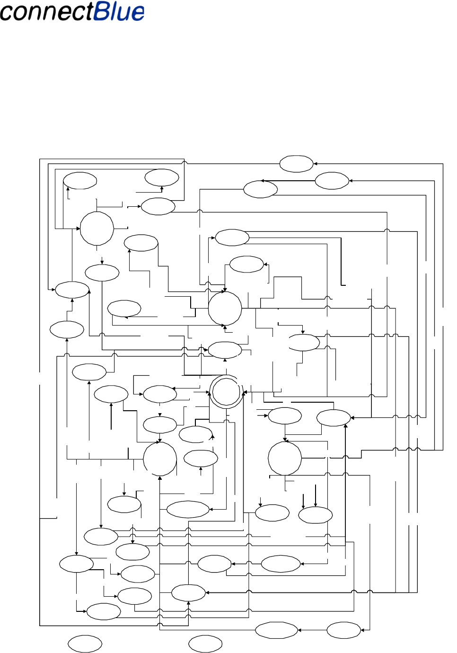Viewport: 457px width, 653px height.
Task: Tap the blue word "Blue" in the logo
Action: click(119, 11)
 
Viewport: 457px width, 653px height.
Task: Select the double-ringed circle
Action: click(227, 392)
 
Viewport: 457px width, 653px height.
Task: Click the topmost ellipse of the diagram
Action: click(296, 164)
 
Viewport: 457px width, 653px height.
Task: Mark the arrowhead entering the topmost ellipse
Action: click(316, 164)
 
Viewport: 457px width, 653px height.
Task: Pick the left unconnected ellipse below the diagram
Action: click(85, 644)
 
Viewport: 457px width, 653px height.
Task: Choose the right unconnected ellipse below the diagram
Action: click(205, 644)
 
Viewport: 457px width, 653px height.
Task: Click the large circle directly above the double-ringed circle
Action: click(225, 308)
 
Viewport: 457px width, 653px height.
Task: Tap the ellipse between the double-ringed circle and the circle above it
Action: click(225, 350)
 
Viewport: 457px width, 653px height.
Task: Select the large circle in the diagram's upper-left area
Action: click(97, 229)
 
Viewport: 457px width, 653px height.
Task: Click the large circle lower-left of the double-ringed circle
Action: click(160, 459)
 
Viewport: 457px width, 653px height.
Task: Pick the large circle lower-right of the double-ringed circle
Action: click(285, 458)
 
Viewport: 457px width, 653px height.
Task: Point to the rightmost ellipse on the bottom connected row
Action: click(344, 630)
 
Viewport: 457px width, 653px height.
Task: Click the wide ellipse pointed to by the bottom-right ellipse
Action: click(276, 630)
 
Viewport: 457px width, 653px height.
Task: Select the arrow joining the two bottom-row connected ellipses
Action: click(312, 630)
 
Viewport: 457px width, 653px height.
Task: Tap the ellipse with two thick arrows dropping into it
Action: click(316, 515)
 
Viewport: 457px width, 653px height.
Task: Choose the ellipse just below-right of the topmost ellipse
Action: click(332, 181)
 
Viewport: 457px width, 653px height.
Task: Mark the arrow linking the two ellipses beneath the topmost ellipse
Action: click(289, 181)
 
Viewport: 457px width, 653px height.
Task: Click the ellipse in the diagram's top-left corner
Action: click(80, 181)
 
